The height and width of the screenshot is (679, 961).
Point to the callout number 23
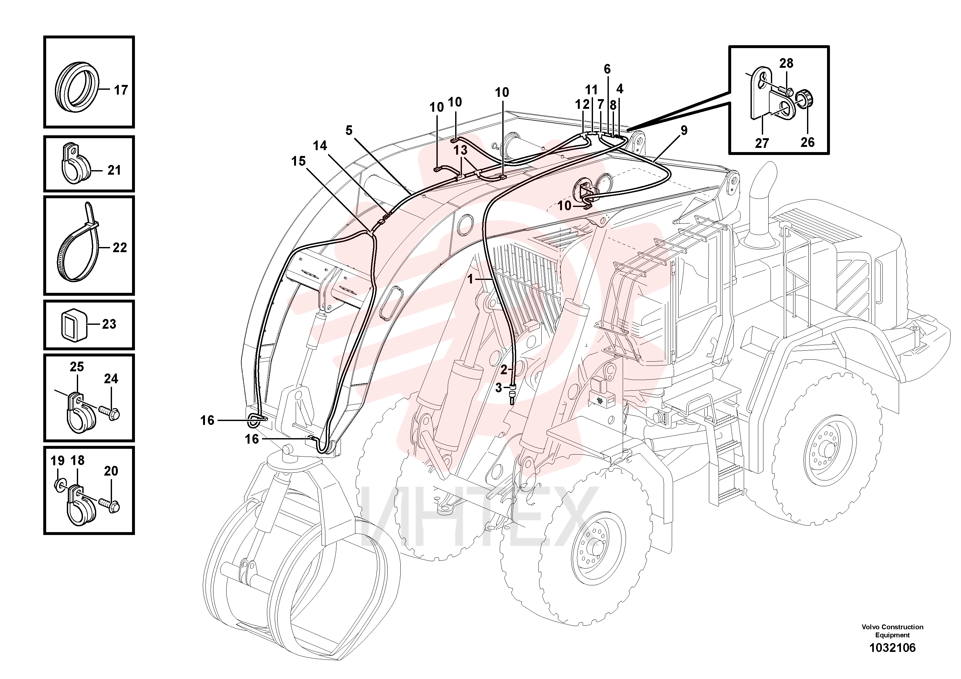tap(109, 324)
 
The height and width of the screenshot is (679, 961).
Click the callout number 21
tap(114, 170)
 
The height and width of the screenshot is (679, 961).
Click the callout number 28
tap(786, 64)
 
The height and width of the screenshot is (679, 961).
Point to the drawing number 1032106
tap(892, 648)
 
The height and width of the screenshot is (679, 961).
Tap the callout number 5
tap(349, 130)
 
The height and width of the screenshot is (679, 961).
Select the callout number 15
tap(298, 161)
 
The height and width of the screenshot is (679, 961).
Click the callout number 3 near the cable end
tap(498, 388)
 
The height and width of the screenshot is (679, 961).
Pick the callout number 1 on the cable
tap(470, 279)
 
